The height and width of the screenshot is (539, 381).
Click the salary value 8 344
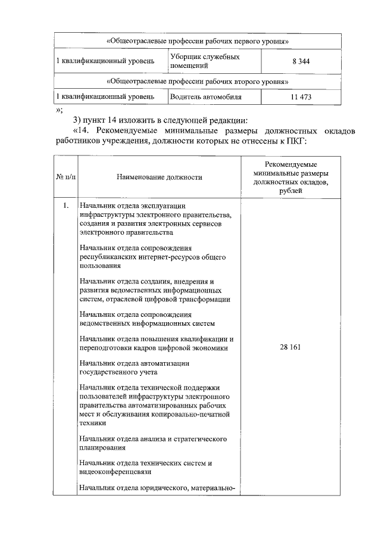301,61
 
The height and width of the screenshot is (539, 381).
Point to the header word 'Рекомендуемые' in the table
291,164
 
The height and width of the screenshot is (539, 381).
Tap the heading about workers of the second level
198,80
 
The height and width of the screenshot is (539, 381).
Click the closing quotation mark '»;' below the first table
59,110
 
